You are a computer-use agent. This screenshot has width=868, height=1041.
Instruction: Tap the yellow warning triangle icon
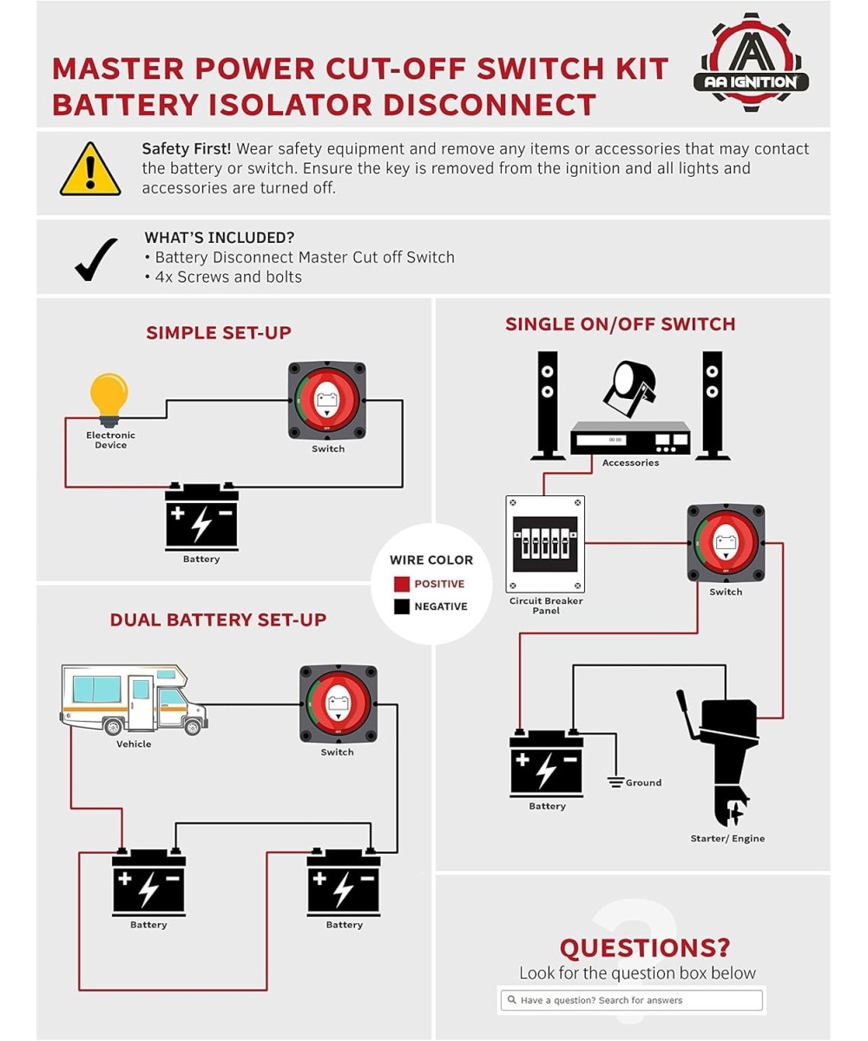(90, 170)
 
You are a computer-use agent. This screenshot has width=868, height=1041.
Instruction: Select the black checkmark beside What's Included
(95, 259)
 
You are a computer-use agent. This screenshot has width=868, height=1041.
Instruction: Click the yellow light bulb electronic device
(109, 398)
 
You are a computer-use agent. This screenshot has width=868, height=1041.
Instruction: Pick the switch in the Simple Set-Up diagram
(327, 401)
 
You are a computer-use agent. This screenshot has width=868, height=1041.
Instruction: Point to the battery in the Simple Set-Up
(201, 517)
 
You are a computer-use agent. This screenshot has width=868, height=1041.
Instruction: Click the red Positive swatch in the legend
(401, 584)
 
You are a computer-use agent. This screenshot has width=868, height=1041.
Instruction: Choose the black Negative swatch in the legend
(401, 606)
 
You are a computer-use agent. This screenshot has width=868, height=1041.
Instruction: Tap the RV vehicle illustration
(134, 699)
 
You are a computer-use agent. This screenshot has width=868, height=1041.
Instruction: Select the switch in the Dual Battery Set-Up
(338, 704)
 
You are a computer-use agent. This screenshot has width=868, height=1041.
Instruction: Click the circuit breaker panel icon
(545, 544)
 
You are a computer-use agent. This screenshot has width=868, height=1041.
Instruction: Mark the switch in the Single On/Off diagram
(726, 544)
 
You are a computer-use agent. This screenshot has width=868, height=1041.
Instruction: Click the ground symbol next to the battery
(616, 782)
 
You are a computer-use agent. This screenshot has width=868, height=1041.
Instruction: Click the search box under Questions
(632, 1000)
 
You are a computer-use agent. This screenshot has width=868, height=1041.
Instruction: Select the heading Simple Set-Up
(219, 332)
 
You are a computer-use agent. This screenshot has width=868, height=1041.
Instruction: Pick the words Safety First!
(186, 149)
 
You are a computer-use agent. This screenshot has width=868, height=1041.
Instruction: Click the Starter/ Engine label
(727, 839)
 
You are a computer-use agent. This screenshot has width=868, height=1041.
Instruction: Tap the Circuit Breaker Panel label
(546, 606)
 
